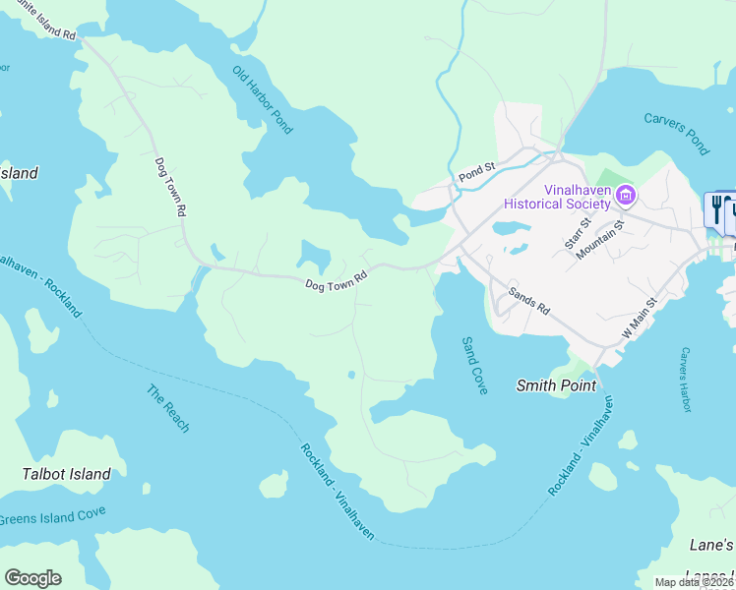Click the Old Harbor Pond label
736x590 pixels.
tap(263, 99)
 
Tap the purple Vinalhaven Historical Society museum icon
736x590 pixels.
tap(624, 197)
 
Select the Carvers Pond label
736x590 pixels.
tap(676, 133)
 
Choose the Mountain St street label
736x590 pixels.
tap(601, 239)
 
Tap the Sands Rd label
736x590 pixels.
tap(528, 300)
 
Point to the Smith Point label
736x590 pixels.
tap(556, 385)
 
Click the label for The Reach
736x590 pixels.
tap(168, 408)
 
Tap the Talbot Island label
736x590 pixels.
tap(66, 474)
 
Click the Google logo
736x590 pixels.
tap(32, 577)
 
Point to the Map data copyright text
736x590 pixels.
tap(694, 582)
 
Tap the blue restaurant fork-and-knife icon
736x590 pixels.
tap(716, 209)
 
